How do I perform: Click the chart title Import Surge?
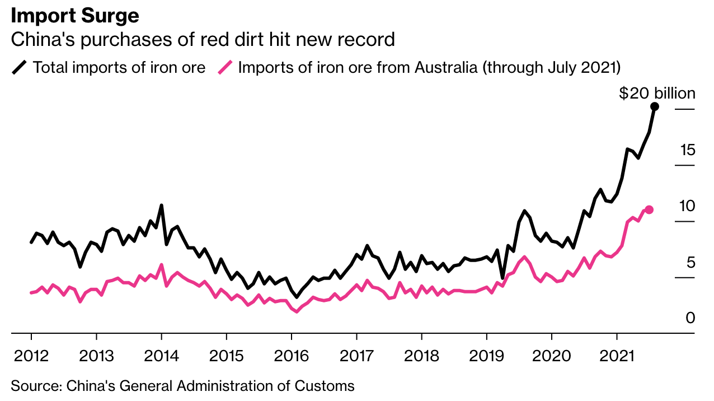click(75, 15)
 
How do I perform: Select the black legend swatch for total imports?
click(20, 68)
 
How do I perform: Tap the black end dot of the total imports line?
click(655, 106)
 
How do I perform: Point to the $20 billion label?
click(657, 94)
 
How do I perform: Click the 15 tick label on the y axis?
click(688, 150)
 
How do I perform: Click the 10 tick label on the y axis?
click(687, 206)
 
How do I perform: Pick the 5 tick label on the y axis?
click(690, 262)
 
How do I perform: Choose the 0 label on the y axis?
click(690, 318)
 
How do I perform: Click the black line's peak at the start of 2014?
click(161, 206)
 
